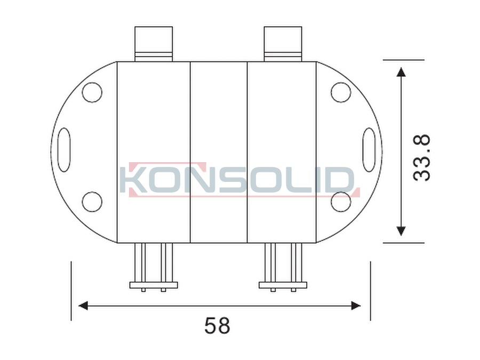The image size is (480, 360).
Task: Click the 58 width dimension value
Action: click(x=217, y=325)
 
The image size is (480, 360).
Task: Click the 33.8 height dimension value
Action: click(x=422, y=158)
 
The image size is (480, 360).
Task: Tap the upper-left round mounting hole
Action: click(x=92, y=92)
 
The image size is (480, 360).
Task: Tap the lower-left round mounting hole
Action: click(x=92, y=202)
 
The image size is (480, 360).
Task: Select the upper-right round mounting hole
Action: click(x=341, y=92)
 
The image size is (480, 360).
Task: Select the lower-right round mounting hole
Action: click(x=341, y=202)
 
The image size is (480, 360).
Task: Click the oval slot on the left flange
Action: click(x=64, y=150)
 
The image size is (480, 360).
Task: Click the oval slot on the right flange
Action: click(x=369, y=150)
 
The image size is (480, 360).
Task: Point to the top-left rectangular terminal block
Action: click(x=154, y=44)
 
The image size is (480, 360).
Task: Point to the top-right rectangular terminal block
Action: click(x=283, y=44)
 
